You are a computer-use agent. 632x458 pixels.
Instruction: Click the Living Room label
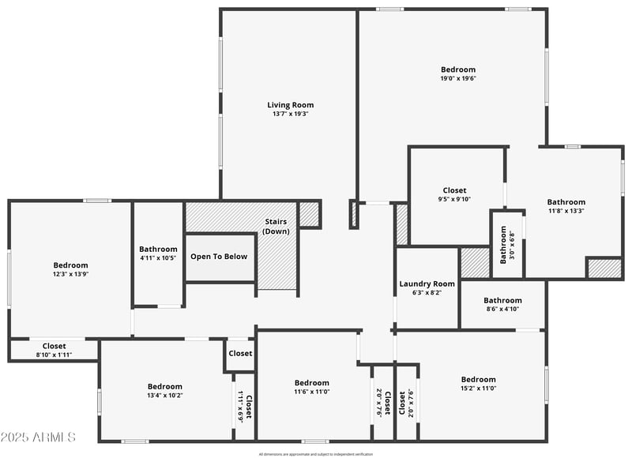pyautogui.click(x=290, y=105)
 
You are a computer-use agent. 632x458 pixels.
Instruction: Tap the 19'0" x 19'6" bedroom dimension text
pyautogui.click(x=458, y=78)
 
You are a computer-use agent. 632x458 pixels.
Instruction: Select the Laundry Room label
pyautogui.click(x=427, y=283)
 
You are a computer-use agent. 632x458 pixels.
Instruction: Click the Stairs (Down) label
pyautogui.click(x=276, y=226)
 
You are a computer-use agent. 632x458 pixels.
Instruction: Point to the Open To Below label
pyautogui.click(x=219, y=256)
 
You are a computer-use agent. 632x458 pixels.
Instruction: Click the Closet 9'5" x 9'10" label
pyautogui.click(x=454, y=190)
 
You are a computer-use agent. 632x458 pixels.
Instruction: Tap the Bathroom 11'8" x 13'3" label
pyautogui.click(x=566, y=202)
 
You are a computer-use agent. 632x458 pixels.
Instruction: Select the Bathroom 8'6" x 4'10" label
pyautogui.click(x=502, y=300)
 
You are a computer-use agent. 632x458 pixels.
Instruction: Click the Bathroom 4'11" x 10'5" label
pyautogui.click(x=158, y=250)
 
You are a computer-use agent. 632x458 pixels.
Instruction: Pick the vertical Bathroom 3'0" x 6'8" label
pyautogui.click(x=504, y=245)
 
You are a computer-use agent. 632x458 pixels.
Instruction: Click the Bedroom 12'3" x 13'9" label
pyautogui.click(x=70, y=265)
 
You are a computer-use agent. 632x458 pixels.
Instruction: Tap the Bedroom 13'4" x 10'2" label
pyautogui.click(x=164, y=386)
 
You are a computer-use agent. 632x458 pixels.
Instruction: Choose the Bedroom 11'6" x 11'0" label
pyautogui.click(x=311, y=383)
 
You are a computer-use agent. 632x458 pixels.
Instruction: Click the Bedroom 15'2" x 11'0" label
pyautogui.click(x=478, y=379)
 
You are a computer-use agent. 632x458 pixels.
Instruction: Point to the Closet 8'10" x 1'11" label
pyautogui.click(x=54, y=346)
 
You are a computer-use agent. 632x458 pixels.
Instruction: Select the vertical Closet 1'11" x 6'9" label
pyautogui.click(x=246, y=407)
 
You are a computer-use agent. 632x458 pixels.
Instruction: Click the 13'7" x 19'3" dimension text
pyautogui.click(x=290, y=114)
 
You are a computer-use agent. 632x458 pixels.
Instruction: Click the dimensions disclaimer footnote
pyautogui.click(x=315, y=454)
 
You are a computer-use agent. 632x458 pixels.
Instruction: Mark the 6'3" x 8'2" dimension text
pyautogui.click(x=427, y=292)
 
